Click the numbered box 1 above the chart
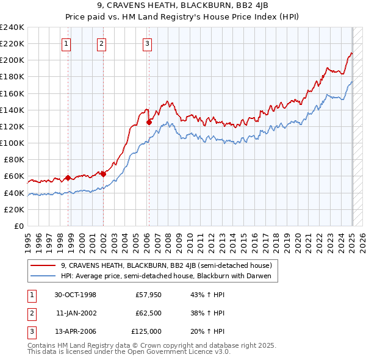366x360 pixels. [65, 43]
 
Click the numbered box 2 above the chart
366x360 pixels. [101, 43]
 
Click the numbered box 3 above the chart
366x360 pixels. [148, 43]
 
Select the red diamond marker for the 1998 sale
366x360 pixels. [68, 178]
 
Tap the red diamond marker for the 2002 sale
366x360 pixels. [103, 174]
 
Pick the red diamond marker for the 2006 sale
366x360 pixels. [149, 122]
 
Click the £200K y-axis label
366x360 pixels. [12, 60]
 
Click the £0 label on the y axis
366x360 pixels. [18, 226]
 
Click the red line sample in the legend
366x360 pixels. [43, 265]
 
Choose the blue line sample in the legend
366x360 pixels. [43, 276]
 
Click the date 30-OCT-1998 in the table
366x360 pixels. [75, 295]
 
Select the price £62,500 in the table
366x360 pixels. [148, 313]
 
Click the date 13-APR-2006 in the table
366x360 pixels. [75, 331]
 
